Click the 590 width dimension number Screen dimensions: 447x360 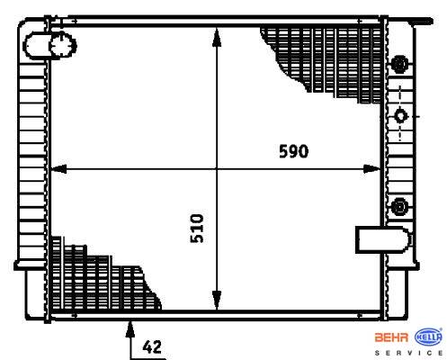[293, 151]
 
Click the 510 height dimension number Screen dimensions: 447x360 [197, 229]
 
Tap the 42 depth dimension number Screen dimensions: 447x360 [152, 347]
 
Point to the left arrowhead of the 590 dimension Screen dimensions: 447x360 [58, 169]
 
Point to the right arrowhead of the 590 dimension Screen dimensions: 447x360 [371, 169]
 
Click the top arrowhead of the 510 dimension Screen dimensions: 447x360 [217, 38]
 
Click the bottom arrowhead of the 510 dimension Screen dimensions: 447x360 [217, 300]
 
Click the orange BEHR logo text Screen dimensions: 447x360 [391, 337]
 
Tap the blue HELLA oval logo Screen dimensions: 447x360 [428, 337]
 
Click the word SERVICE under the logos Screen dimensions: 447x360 [409, 353]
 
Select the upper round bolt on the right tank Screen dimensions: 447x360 [399, 64]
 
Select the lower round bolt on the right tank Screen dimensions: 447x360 [399, 207]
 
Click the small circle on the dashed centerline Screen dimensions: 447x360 [400, 116]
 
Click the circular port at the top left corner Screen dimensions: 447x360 [63, 46]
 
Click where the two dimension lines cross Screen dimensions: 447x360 [217, 169]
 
